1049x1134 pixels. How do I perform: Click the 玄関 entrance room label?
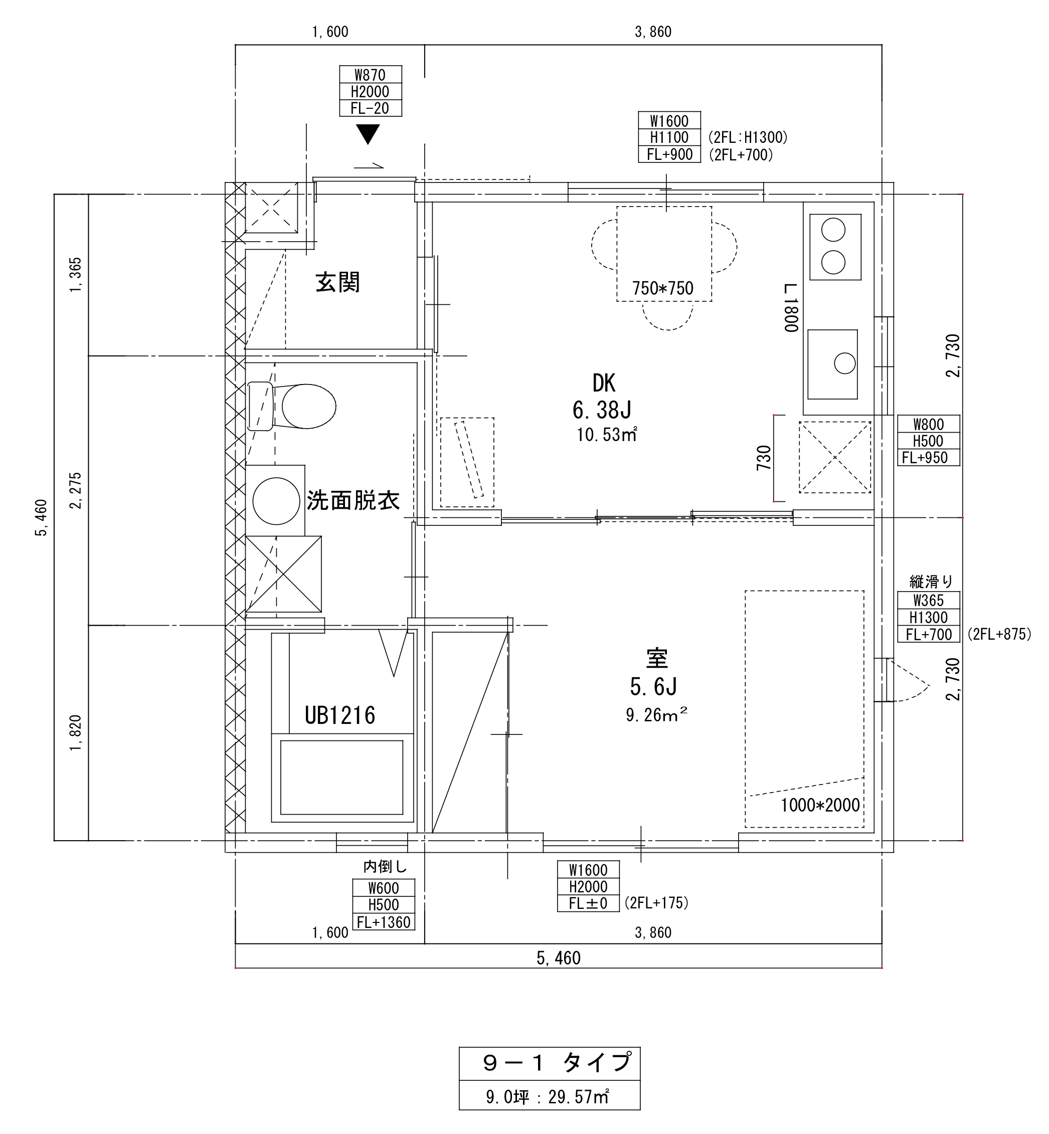click(x=338, y=282)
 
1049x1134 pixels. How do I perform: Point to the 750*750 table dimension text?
click(x=663, y=288)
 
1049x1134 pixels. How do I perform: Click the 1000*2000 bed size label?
click(x=820, y=805)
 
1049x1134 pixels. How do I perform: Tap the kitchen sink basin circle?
click(x=844, y=363)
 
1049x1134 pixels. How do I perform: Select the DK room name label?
click(x=604, y=384)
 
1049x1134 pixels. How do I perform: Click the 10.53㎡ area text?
click(x=607, y=435)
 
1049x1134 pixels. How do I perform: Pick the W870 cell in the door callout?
click(x=370, y=75)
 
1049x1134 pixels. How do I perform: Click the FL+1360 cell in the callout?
click(x=384, y=922)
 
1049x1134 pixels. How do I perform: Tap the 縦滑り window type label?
click(x=931, y=581)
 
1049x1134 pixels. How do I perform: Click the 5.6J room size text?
click(x=653, y=687)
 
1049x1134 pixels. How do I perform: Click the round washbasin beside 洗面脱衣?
click(x=276, y=501)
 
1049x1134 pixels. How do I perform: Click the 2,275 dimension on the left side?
click(x=76, y=490)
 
